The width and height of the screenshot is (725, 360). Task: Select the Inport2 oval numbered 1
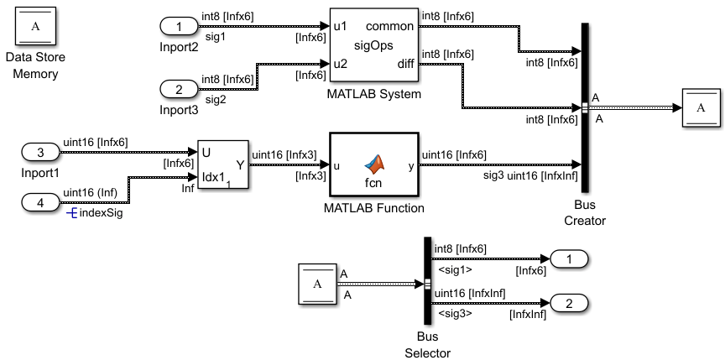pos(180,27)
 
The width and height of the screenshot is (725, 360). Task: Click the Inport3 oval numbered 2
pos(180,88)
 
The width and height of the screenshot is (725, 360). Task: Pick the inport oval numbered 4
pos(39,202)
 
